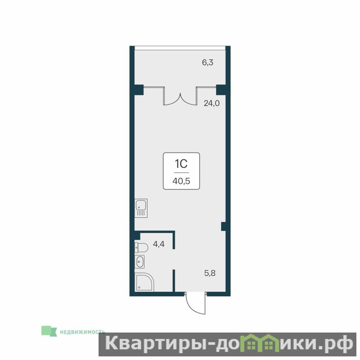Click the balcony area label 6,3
pos(207,63)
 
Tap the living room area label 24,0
pos(211,103)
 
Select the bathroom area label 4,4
pos(159,244)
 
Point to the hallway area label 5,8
pos(210,273)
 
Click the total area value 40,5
pos(181,181)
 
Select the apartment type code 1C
pos(181,164)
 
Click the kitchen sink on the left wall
pos(141,208)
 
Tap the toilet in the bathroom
pos(141,248)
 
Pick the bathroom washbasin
pos(139,262)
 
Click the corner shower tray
pos(144,283)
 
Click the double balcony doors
pos(180,96)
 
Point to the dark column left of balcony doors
pos(139,90)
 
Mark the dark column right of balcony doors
pos(221,90)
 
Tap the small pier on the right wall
pos(223,226)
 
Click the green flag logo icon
pos(49,331)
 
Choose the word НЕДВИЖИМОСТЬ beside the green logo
pos(82,332)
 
